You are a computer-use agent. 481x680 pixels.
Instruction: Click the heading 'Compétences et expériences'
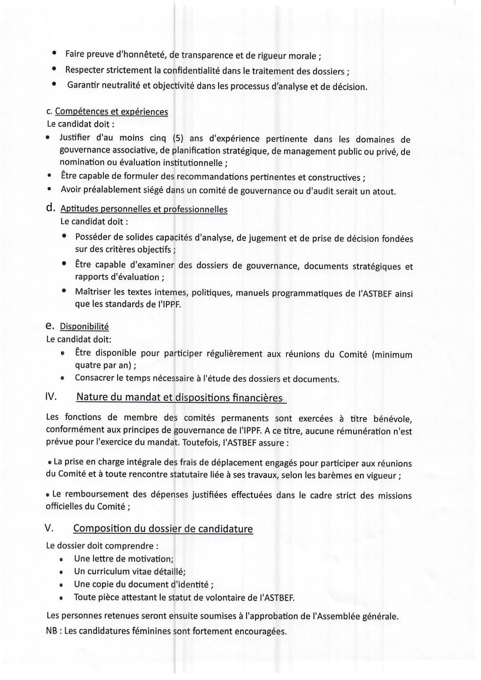pos(111,112)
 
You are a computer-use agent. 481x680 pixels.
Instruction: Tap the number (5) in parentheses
pos(178,138)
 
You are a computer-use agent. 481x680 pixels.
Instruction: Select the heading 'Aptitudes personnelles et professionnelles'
pos(144,209)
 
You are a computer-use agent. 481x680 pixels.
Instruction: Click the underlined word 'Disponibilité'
pos(84,326)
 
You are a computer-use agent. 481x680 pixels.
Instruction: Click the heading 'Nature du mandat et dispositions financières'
pos(179,397)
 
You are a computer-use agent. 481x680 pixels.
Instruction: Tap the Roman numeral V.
pos(49,528)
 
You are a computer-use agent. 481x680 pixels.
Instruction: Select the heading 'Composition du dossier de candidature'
pos(163,529)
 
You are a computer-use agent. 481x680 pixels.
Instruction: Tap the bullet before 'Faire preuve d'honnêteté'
pos(54,53)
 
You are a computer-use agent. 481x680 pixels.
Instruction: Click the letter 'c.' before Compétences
pos(49,112)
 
